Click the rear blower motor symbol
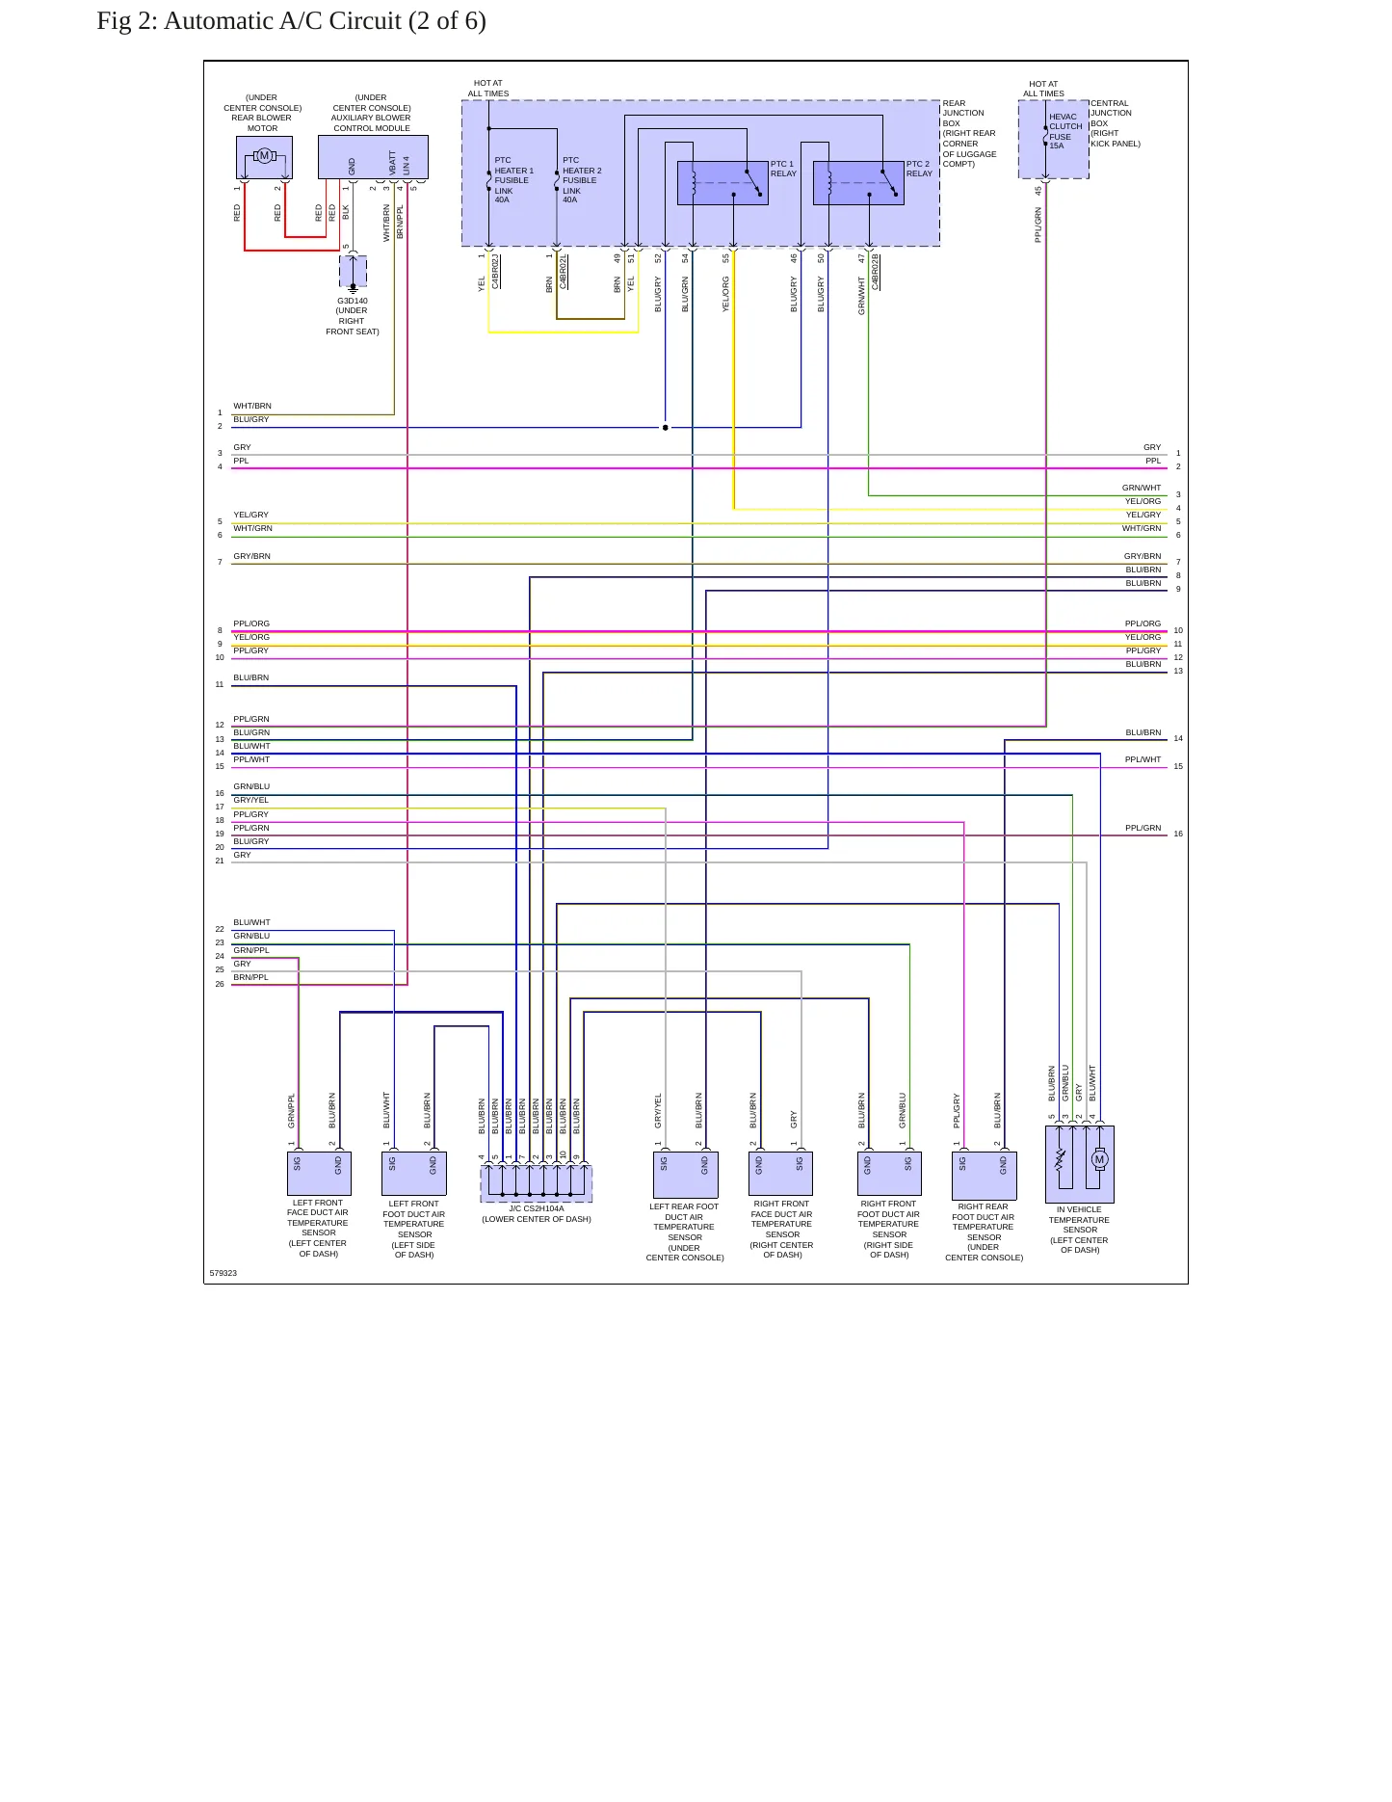264,156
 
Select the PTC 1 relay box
722,183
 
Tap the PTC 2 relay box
858,183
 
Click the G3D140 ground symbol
353,286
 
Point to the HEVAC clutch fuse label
1065,131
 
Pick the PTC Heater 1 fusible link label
513,180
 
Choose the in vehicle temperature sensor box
1080,1164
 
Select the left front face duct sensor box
319,1174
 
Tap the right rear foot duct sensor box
984,1176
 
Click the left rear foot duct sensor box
685,1176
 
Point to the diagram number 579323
223,1273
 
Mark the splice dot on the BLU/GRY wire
665,427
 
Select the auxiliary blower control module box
373,157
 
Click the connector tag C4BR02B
876,272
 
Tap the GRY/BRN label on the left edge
251,556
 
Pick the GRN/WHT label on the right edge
1142,488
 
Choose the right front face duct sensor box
781,1174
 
